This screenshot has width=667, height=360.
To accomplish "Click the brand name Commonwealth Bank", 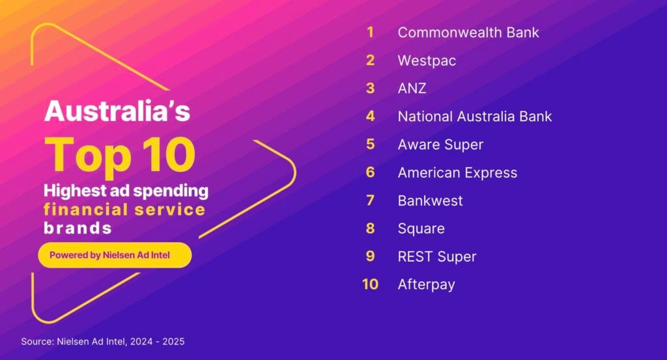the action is coord(468,33).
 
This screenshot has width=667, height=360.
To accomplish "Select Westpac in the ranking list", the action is coord(427,61).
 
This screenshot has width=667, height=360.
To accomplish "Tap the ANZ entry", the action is coord(412,89).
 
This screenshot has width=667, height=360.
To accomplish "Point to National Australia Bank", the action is coord(475,116).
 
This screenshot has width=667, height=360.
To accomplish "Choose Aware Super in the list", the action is coord(441,145).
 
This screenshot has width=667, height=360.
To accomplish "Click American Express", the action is coord(457,173).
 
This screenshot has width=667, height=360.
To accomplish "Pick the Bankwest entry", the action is coord(430,201).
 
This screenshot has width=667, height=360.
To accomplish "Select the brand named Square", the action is coord(421,228).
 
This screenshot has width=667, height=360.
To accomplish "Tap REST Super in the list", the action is coord(437,256).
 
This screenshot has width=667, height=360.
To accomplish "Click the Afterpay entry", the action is coord(426,284).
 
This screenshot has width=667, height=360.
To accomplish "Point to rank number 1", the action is coord(371,32).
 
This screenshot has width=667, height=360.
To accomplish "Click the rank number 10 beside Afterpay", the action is coord(370,284).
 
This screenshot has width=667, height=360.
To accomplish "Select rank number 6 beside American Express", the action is coord(371,172).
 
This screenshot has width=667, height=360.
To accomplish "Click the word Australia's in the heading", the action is coord(117,111).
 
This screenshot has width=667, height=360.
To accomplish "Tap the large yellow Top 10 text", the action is coord(120,155).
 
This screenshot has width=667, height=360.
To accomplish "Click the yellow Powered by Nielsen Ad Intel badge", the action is coord(115,255).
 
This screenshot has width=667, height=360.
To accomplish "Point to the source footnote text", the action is coord(103,341).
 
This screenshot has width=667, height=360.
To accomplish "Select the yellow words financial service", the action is coord(124,210).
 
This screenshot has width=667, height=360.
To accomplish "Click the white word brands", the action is coord(78,228).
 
